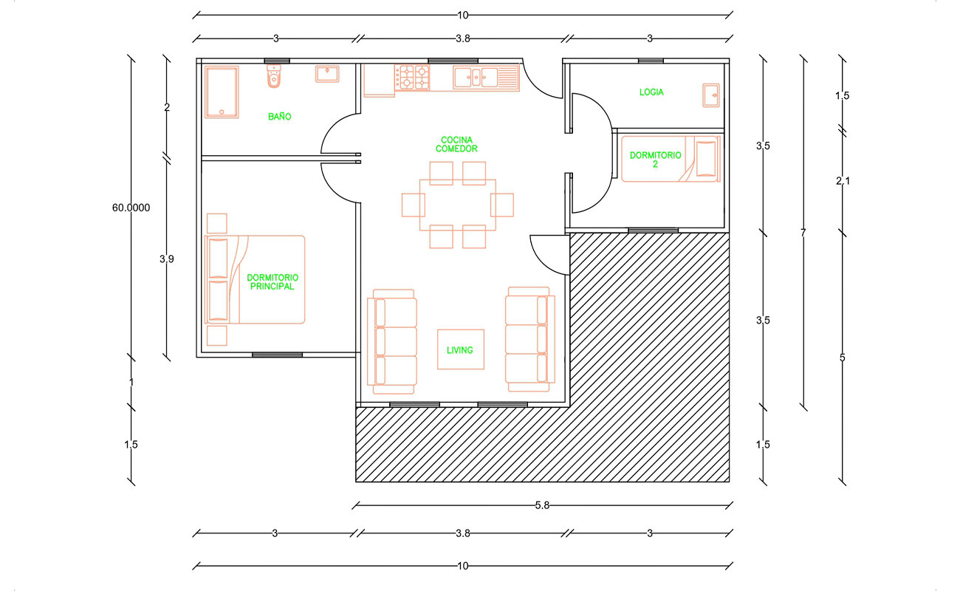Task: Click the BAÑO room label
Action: pyautogui.click(x=279, y=117)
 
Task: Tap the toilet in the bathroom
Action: pyautogui.click(x=274, y=76)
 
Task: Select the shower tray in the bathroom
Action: pyautogui.click(x=221, y=92)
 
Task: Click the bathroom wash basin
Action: pyautogui.click(x=327, y=74)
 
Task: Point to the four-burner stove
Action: pyautogui.click(x=412, y=77)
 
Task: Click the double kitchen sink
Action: pyautogui.click(x=476, y=78)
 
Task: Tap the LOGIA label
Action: pyautogui.click(x=651, y=92)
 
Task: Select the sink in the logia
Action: pyautogui.click(x=711, y=95)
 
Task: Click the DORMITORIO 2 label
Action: pyautogui.click(x=655, y=160)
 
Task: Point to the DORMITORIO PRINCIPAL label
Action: pyautogui.click(x=272, y=282)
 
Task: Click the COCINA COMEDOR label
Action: pyautogui.click(x=456, y=145)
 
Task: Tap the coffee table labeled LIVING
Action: pyautogui.click(x=461, y=349)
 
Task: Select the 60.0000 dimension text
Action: pyautogui.click(x=131, y=208)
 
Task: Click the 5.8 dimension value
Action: pyautogui.click(x=542, y=505)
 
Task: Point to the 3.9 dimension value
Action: pyautogui.click(x=167, y=259)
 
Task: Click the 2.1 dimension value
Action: pyautogui.click(x=843, y=182)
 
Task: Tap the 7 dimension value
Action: pyautogui.click(x=803, y=233)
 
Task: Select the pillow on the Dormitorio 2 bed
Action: pyautogui.click(x=706, y=159)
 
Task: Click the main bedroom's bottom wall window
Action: pyautogui.click(x=277, y=355)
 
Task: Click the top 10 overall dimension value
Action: pyautogui.click(x=463, y=16)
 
